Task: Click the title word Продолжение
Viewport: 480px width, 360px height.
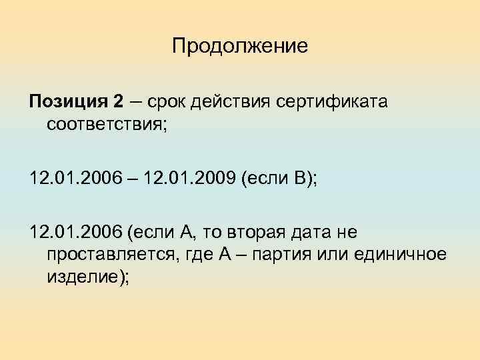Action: point(239,47)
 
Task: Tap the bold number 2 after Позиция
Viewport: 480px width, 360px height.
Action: point(118,102)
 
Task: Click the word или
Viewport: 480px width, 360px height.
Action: point(339,255)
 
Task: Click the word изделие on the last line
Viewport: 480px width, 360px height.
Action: point(85,277)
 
